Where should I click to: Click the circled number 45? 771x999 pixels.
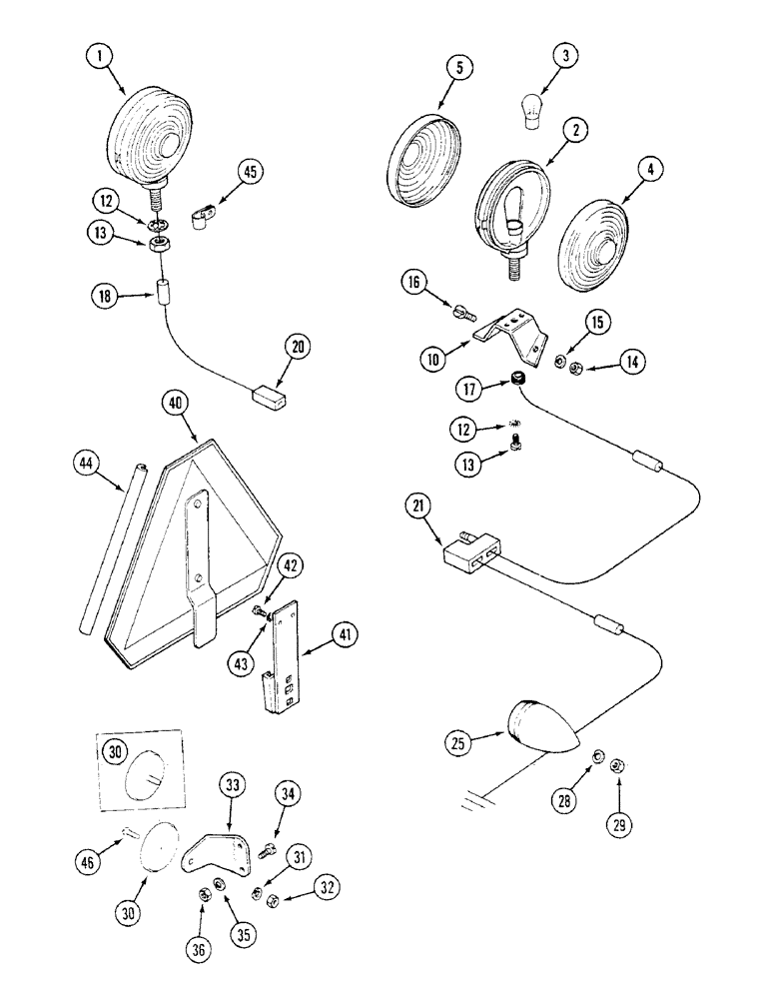tap(250, 171)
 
